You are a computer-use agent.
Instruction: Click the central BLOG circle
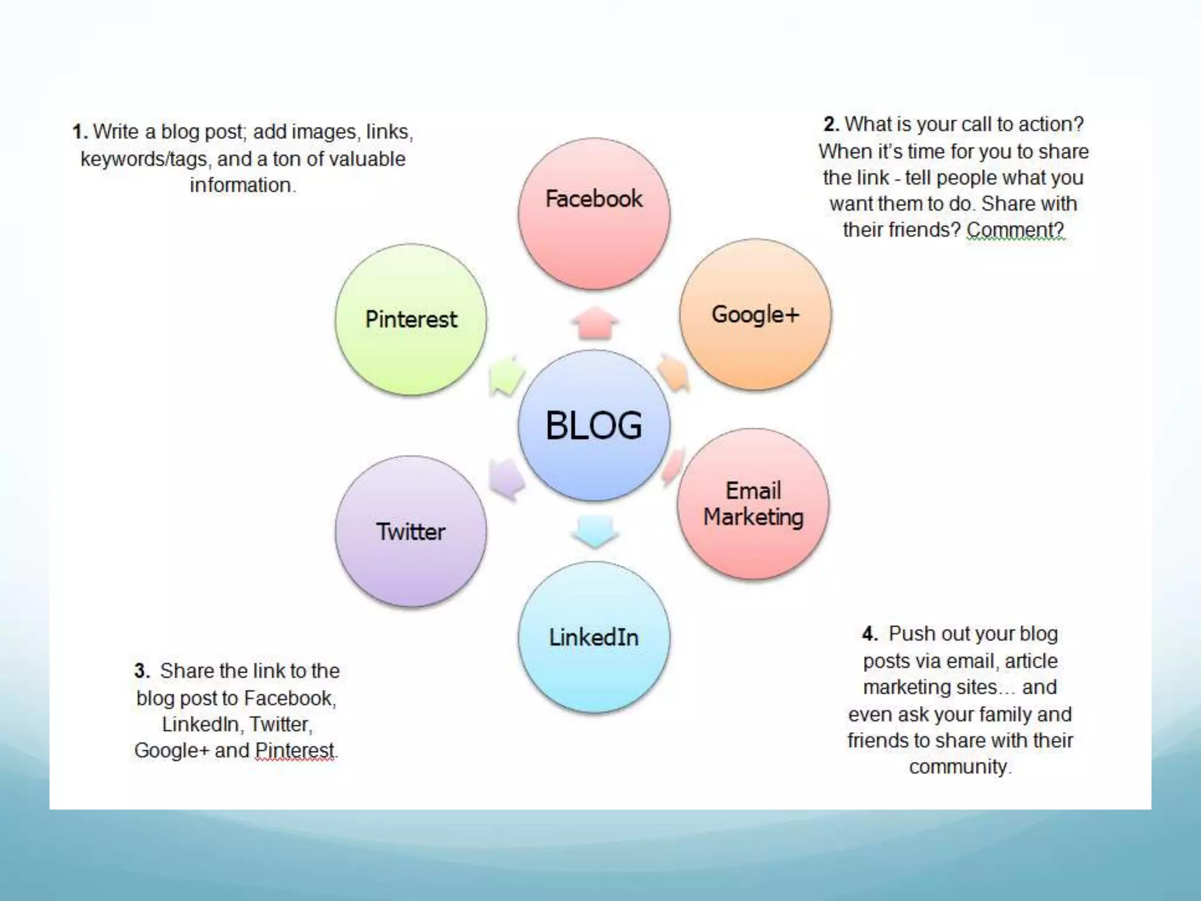(593, 425)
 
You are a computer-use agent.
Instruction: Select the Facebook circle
(593, 214)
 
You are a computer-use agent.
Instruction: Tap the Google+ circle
(755, 315)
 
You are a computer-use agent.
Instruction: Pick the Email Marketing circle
(753, 504)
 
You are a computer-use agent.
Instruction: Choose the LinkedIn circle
(593, 638)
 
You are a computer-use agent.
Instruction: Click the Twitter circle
(410, 531)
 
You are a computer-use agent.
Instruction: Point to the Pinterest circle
(410, 320)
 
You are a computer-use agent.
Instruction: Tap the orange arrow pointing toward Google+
(674, 372)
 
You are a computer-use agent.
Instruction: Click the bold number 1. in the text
(80, 132)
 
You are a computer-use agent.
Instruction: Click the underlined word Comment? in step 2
(1015, 230)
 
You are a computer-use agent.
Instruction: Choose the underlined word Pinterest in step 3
(295, 750)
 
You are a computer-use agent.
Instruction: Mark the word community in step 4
(959, 767)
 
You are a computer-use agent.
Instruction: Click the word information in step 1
(241, 185)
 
